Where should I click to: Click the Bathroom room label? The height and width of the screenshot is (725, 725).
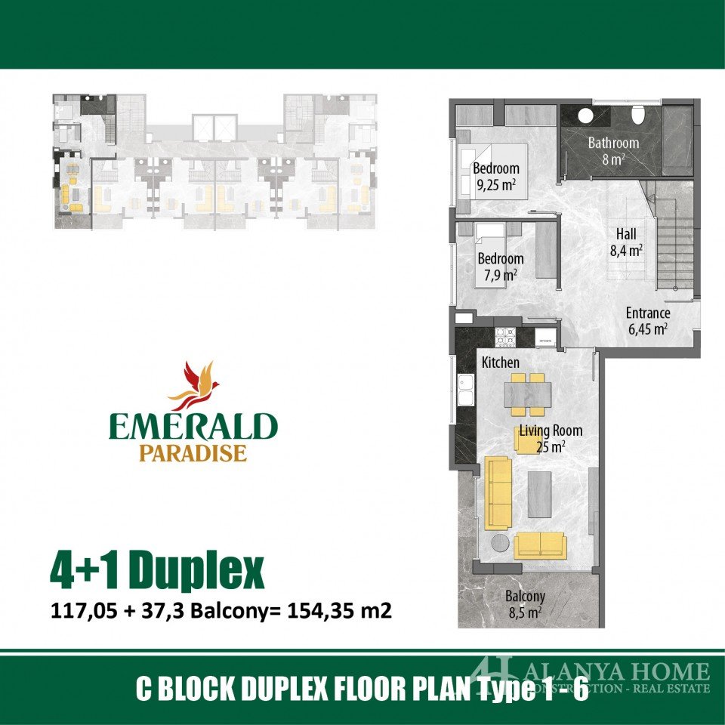(613, 143)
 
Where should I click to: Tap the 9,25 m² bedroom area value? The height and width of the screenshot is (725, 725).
(495, 185)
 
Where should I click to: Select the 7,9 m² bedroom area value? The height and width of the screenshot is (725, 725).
(500, 276)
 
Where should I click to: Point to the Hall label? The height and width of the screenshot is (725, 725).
(626, 234)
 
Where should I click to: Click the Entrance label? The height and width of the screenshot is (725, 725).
(648, 313)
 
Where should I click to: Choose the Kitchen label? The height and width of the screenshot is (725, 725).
(500, 362)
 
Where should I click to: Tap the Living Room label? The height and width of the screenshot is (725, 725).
(551, 431)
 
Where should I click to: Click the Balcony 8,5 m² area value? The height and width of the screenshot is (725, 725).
(525, 613)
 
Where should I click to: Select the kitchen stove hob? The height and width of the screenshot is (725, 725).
(505, 337)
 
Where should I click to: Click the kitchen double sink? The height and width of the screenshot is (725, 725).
(466, 390)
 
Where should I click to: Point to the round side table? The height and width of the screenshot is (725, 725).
(500, 543)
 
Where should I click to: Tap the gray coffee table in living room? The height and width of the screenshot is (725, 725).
(539, 494)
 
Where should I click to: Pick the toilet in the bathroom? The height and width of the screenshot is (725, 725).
(638, 114)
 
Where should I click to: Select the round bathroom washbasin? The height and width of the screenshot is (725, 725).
(586, 116)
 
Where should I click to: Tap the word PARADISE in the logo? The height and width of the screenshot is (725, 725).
(193, 453)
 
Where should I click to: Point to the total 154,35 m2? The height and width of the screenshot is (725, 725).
(340, 610)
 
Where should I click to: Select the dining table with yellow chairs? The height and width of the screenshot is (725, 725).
(527, 394)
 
